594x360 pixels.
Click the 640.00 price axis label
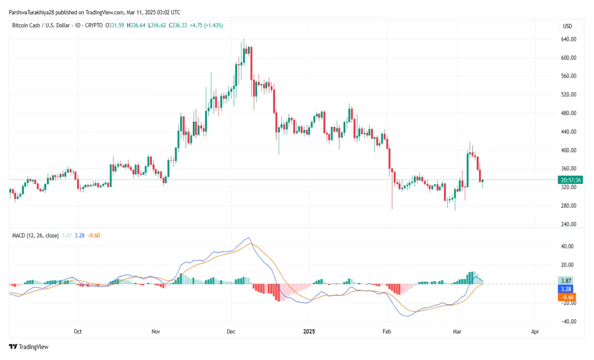[x=570, y=39]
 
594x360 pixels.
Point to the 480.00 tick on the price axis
[x=570, y=113]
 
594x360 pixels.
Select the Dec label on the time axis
[x=231, y=332]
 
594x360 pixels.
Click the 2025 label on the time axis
[x=309, y=332]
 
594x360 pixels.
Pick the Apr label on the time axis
[x=535, y=332]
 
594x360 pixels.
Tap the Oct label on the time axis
[x=77, y=332]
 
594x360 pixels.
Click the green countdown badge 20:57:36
[x=571, y=180]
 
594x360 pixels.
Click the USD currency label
[x=567, y=26]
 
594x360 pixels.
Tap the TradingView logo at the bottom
[x=29, y=347]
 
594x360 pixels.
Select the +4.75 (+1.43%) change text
[x=206, y=25]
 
